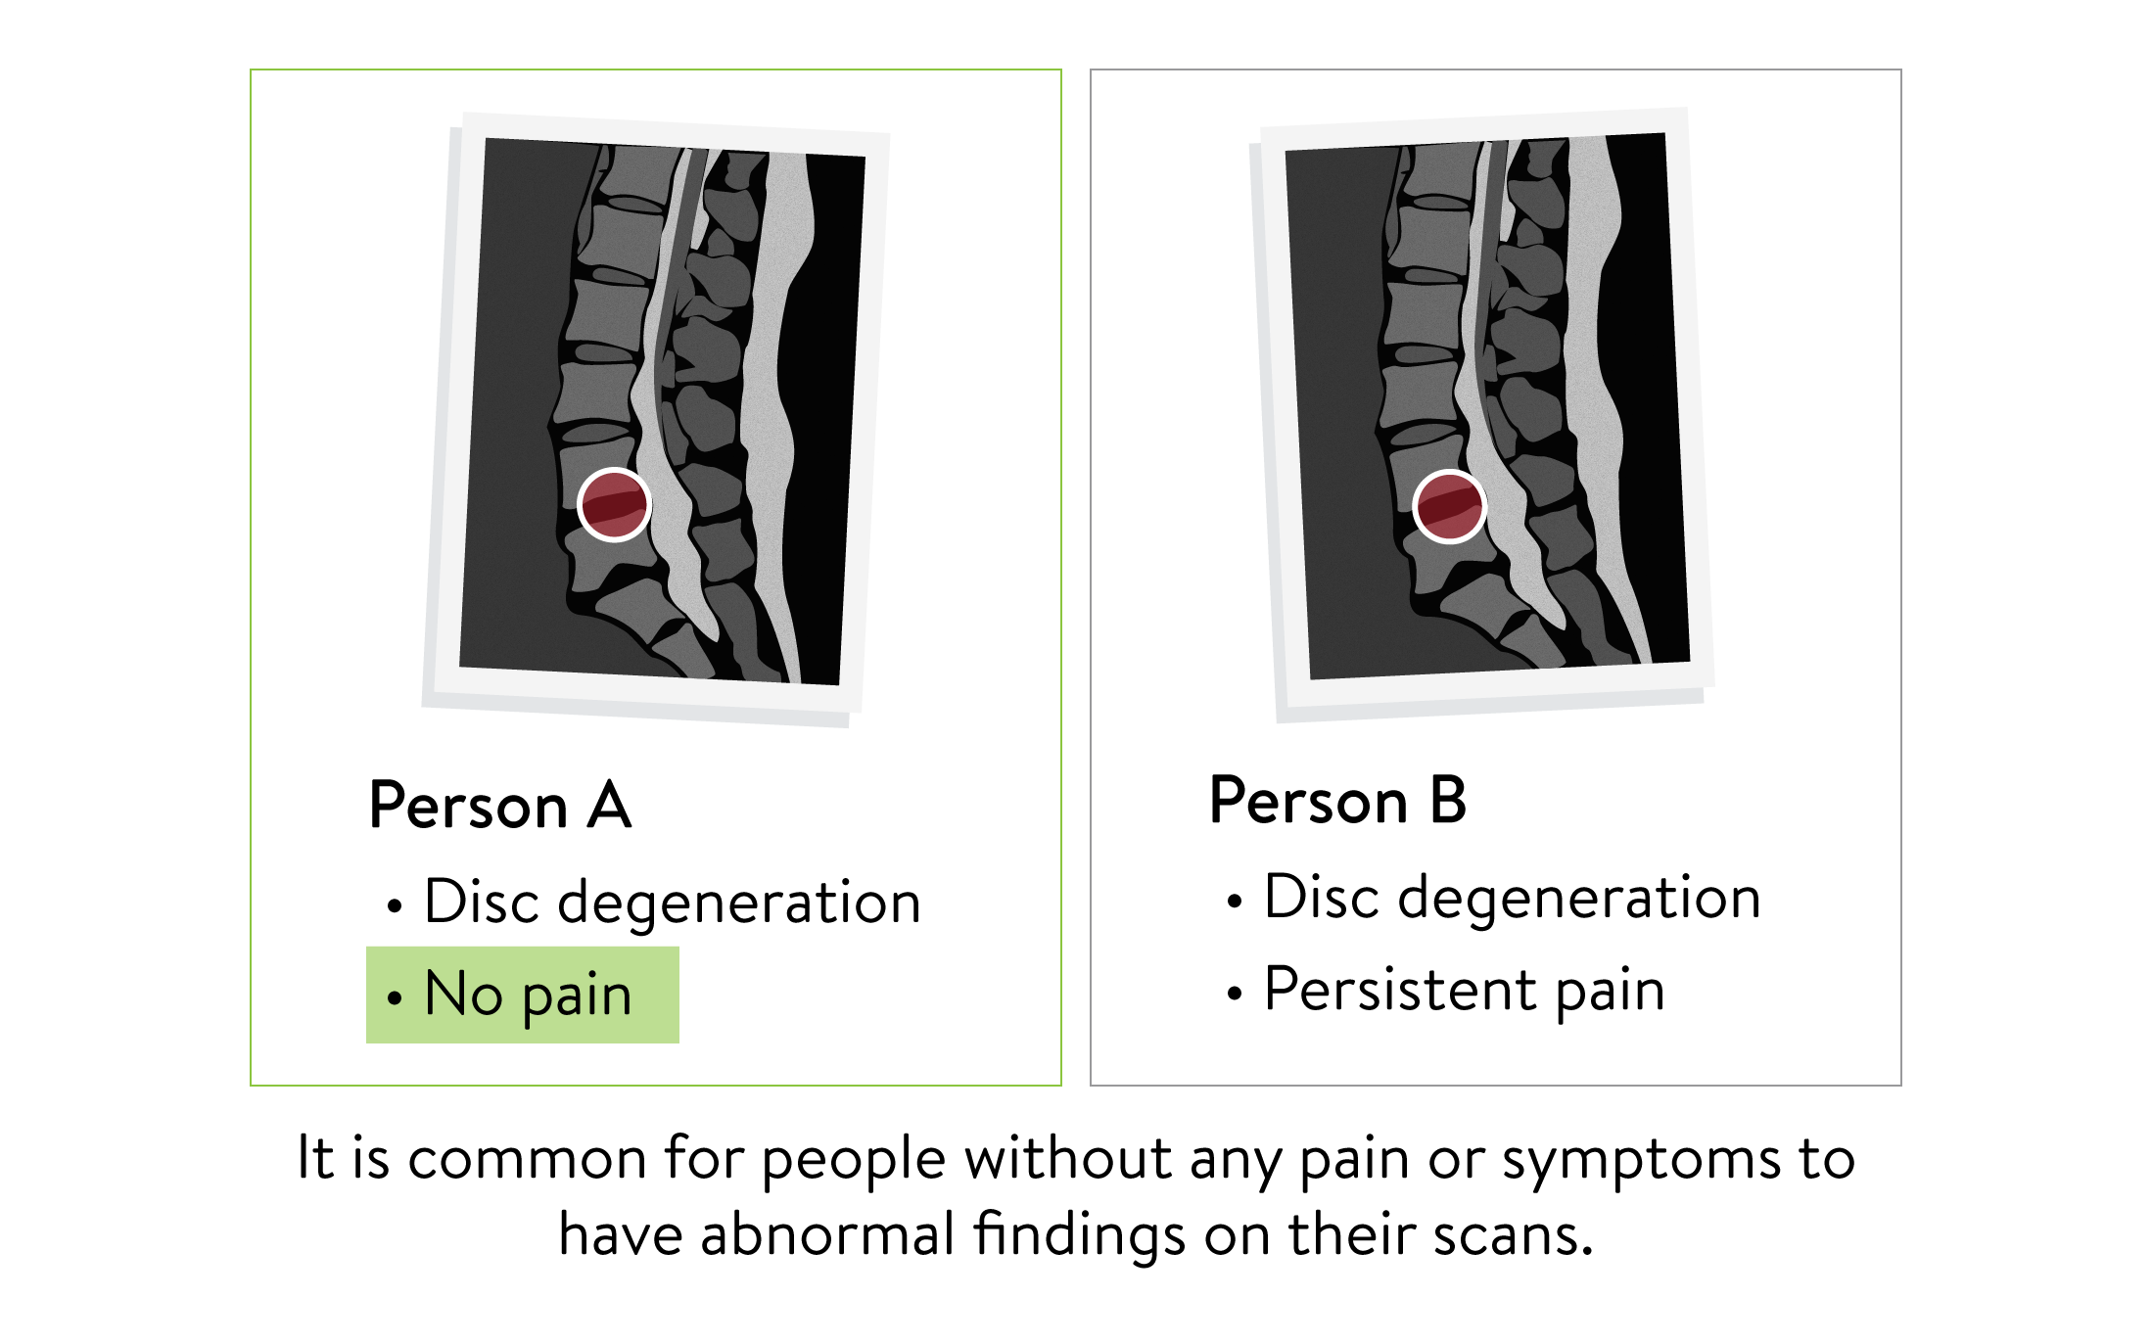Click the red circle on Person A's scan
point(614,504)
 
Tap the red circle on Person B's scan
point(1450,506)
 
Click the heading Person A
point(500,806)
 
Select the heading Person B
point(1337,800)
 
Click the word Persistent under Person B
point(1399,989)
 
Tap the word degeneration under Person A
point(739,903)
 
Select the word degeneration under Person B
point(1578,898)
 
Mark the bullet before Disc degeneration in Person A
point(395,906)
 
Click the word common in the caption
point(527,1159)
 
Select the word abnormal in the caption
point(827,1234)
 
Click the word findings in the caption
point(1079,1235)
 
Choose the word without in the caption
point(1068,1158)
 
